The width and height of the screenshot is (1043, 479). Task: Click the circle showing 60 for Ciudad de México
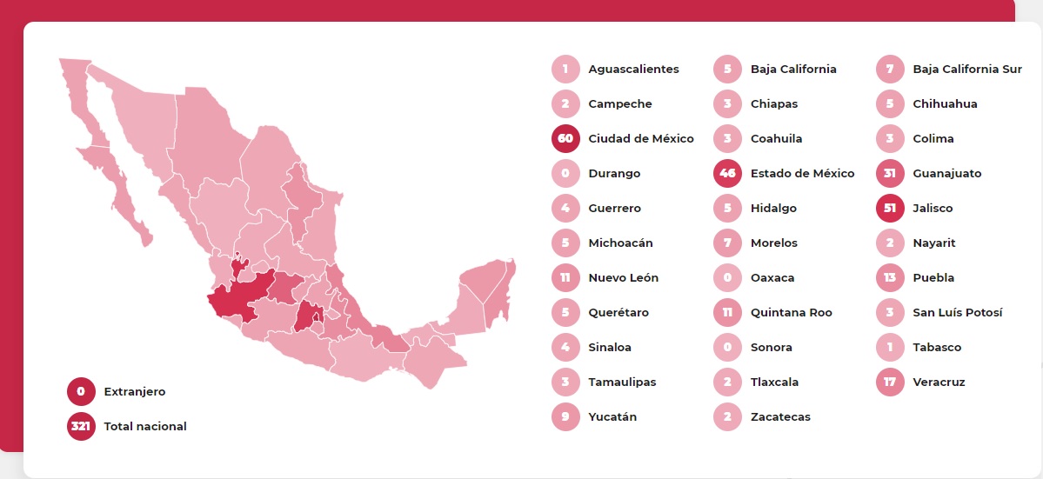565,138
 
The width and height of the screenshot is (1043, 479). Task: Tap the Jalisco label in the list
933,208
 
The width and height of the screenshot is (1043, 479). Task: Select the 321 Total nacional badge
81,426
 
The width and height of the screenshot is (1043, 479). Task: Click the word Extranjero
134,391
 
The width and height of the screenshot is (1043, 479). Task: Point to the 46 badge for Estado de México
727,173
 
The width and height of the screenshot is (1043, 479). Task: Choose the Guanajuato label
946,173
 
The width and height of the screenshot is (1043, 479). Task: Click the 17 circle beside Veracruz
890,382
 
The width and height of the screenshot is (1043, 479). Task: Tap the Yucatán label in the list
612,416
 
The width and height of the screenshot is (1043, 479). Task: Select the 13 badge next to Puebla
890,277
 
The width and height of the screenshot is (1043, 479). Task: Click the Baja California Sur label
967,69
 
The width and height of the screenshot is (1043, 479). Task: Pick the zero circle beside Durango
565,173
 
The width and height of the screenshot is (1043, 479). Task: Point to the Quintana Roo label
791,312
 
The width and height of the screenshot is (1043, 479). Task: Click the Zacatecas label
780,416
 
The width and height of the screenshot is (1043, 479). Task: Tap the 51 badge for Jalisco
890,208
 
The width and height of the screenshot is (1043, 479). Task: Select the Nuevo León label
623,277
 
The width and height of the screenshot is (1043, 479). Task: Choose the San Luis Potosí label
957,312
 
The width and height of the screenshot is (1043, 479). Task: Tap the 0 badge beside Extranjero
81,391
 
